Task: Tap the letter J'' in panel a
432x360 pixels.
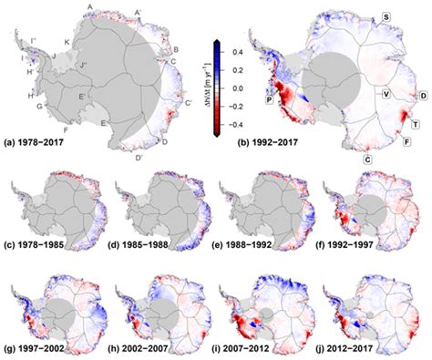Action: coord(83,66)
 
